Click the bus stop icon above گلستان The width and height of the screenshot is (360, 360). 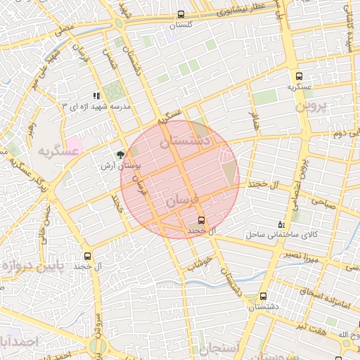tap(181, 14)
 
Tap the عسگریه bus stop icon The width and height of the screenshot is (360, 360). tap(299, 77)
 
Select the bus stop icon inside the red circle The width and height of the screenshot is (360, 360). tap(201, 220)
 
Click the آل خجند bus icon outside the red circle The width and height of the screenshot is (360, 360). tap(87, 257)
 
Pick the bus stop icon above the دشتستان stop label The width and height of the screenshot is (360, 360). tap(264, 297)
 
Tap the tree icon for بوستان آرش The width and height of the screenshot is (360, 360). tap(121, 154)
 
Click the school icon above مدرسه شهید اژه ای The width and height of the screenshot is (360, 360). tap(96, 95)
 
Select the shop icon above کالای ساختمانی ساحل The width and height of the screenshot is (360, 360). tap(282, 224)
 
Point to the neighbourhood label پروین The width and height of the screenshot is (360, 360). tap(311, 107)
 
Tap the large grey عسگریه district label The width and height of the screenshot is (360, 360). tap(57, 152)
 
